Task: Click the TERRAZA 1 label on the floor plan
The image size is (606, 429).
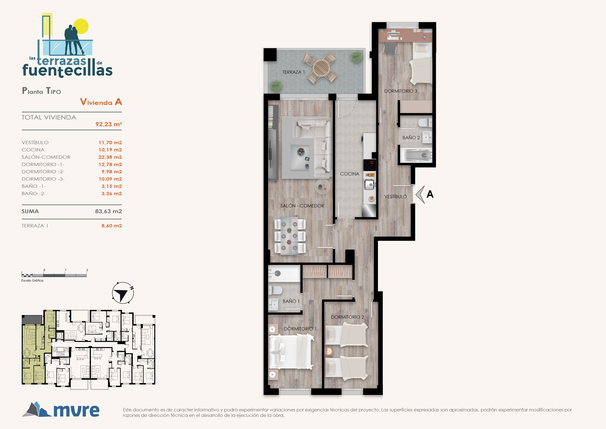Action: coord(294,72)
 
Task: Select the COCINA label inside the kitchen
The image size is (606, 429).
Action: coord(350,174)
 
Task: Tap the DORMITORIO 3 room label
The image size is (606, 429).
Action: coord(401,91)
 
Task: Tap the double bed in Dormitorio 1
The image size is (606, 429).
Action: coord(291,352)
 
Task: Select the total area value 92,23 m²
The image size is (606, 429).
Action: coord(108,124)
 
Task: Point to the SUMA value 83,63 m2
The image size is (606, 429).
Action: coord(108,211)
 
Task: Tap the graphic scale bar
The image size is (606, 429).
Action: coord(54,275)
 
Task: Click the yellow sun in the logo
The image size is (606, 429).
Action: coord(81,26)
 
